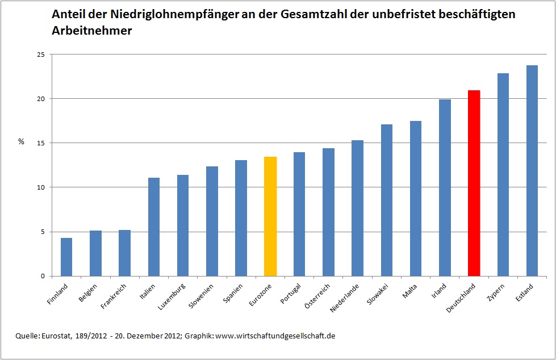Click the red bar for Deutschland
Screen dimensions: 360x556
click(x=474, y=183)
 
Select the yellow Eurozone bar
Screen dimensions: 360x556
click(x=270, y=216)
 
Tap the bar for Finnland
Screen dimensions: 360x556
click(x=66, y=257)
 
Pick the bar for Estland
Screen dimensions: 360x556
click(x=532, y=170)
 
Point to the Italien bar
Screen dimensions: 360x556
click(x=154, y=227)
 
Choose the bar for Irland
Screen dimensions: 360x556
click(x=445, y=187)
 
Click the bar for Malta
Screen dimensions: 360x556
click(x=416, y=198)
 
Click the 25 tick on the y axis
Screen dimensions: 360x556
click(x=40, y=55)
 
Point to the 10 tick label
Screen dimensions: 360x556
click(x=40, y=187)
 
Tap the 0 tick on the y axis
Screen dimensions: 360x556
click(x=42, y=277)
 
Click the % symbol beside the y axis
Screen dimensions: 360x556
click(x=21, y=142)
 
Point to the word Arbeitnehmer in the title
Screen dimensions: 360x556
click(x=92, y=31)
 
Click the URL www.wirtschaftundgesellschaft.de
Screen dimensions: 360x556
click(x=275, y=336)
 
